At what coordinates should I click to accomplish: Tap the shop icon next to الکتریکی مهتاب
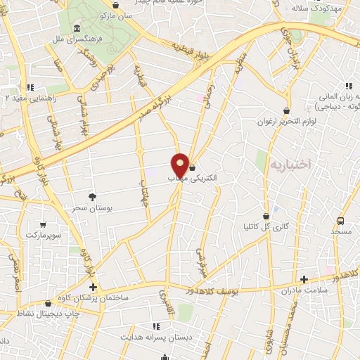(192, 167)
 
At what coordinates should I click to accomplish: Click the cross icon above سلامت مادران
(303, 278)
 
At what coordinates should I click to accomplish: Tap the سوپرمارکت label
(44, 233)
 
